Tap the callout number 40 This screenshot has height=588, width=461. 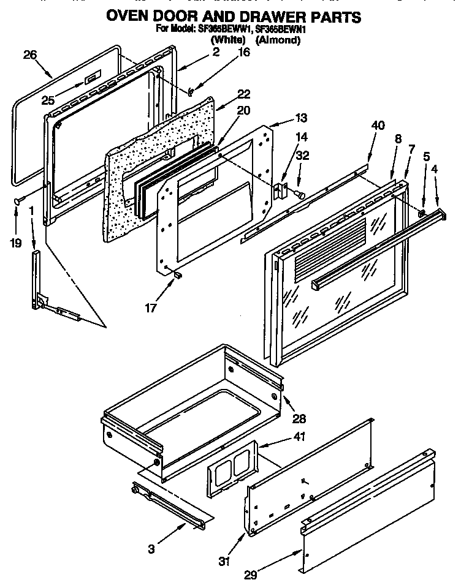378,126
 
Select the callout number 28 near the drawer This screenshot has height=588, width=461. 299,419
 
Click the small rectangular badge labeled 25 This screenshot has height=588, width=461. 90,78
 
